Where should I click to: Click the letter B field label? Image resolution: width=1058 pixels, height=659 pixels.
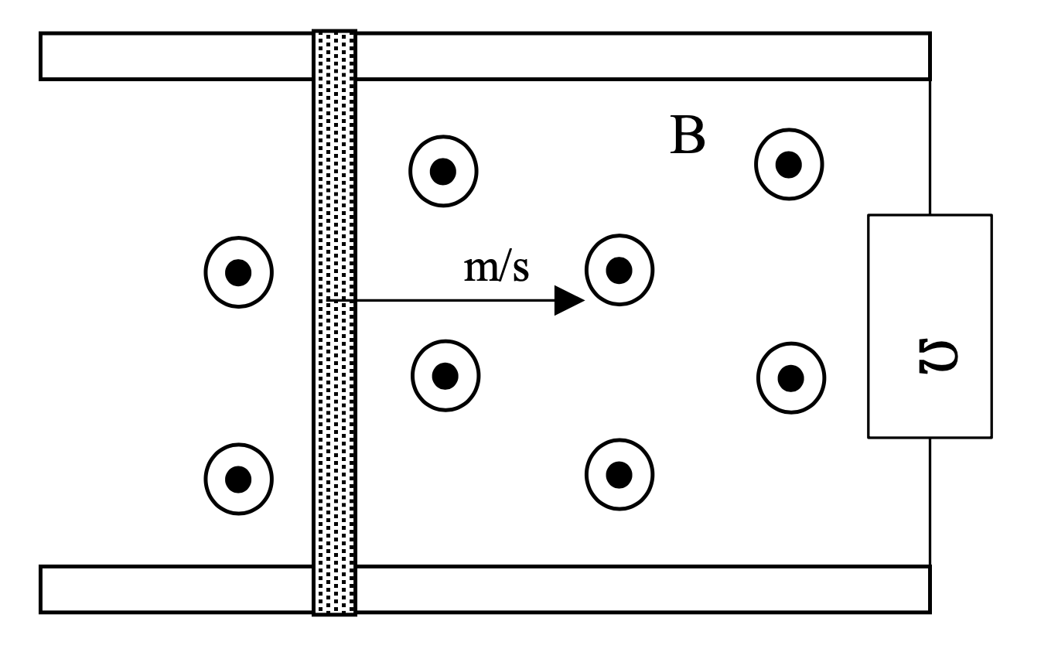[x=687, y=137]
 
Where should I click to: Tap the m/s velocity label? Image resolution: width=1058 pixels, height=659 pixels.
[x=497, y=269]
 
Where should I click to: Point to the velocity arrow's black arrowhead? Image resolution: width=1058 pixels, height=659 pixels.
[x=569, y=300]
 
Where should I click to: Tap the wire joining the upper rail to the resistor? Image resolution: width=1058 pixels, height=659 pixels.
[x=930, y=147]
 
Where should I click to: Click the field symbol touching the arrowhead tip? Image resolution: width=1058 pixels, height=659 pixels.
[x=619, y=270]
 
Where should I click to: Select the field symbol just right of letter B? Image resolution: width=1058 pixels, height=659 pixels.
[x=789, y=165]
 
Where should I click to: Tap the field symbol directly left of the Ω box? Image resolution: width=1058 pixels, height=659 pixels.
[x=790, y=377]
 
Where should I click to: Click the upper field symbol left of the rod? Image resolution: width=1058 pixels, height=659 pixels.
[x=238, y=271]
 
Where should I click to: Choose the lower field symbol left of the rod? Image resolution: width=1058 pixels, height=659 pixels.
[x=238, y=479]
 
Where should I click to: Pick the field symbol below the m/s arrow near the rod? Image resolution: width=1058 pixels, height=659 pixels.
[x=445, y=376]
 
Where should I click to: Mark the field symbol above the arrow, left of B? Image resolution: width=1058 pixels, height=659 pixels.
[x=443, y=171]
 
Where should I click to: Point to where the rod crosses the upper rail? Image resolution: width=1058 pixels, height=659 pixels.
[x=334, y=56]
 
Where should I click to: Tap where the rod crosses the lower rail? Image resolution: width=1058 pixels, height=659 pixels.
[x=334, y=589]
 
